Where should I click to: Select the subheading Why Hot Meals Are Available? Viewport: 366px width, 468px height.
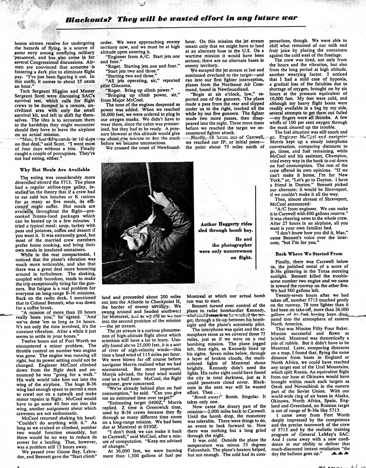pyautogui.click(x=55, y=169)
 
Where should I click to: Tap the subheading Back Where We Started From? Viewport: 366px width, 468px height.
pyautogui.click(x=309, y=254)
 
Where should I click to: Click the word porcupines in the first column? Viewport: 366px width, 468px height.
pyautogui.click(x=65, y=153)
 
